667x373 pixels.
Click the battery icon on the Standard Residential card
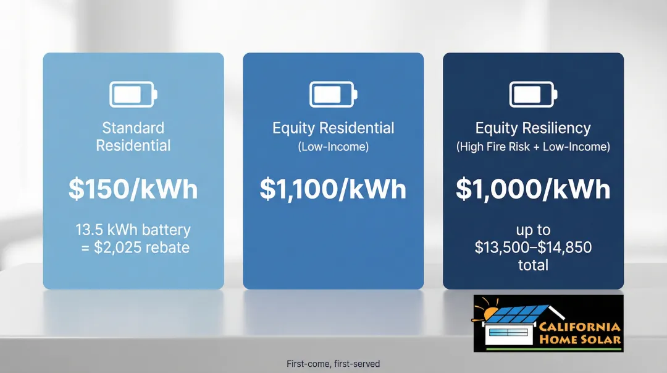(133, 94)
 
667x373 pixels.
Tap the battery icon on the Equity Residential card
(333, 94)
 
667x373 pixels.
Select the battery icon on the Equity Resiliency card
(533, 94)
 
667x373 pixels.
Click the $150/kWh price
(133, 189)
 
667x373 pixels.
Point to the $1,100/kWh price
(333, 189)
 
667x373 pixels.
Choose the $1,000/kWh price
(533, 189)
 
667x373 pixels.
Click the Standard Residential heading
(133, 137)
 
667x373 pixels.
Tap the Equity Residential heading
(333, 128)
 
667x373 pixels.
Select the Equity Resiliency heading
(533, 128)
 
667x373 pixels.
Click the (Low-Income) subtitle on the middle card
(333, 147)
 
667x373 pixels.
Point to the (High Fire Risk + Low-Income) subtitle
(533, 147)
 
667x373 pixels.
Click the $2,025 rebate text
(141, 247)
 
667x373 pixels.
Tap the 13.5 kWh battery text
(133, 229)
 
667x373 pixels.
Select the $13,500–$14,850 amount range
(533, 247)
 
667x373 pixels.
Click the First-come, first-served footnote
(333, 364)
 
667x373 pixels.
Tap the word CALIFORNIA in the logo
(579, 327)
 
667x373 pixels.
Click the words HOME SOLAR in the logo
(580, 340)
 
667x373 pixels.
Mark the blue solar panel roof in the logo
(516, 314)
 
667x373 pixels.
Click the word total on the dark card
(533, 265)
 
